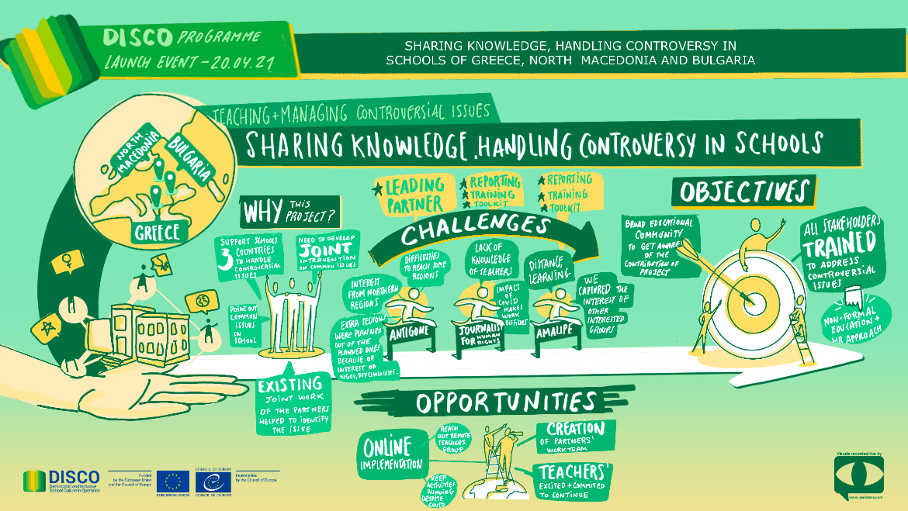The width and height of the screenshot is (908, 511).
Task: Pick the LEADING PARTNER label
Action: click(411, 195)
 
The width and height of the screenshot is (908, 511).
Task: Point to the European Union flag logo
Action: click(172, 481)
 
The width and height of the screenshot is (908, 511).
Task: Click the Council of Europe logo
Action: click(212, 480)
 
